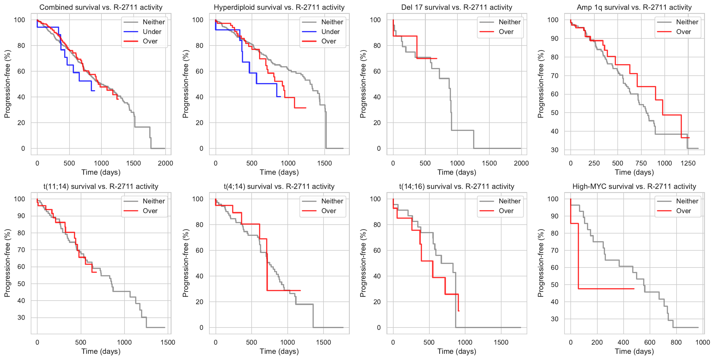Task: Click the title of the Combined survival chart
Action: coord(101,7)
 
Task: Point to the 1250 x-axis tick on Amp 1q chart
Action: coord(688,163)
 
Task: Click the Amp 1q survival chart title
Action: coord(634,7)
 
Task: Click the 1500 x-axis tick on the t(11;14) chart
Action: coord(168,342)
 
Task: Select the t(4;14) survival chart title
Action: coord(279,187)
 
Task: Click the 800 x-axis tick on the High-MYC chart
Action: coord(676,342)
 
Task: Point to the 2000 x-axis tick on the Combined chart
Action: coord(165,163)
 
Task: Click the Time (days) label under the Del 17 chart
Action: coord(457,172)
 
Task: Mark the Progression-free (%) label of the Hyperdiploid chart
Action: coord(185,84)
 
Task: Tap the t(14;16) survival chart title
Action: coord(457,187)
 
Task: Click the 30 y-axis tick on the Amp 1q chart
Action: coord(555,150)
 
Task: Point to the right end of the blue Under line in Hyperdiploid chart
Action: coord(280,97)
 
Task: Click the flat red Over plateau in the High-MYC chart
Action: coord(606,288)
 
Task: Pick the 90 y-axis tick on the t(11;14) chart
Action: coord(21,216)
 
